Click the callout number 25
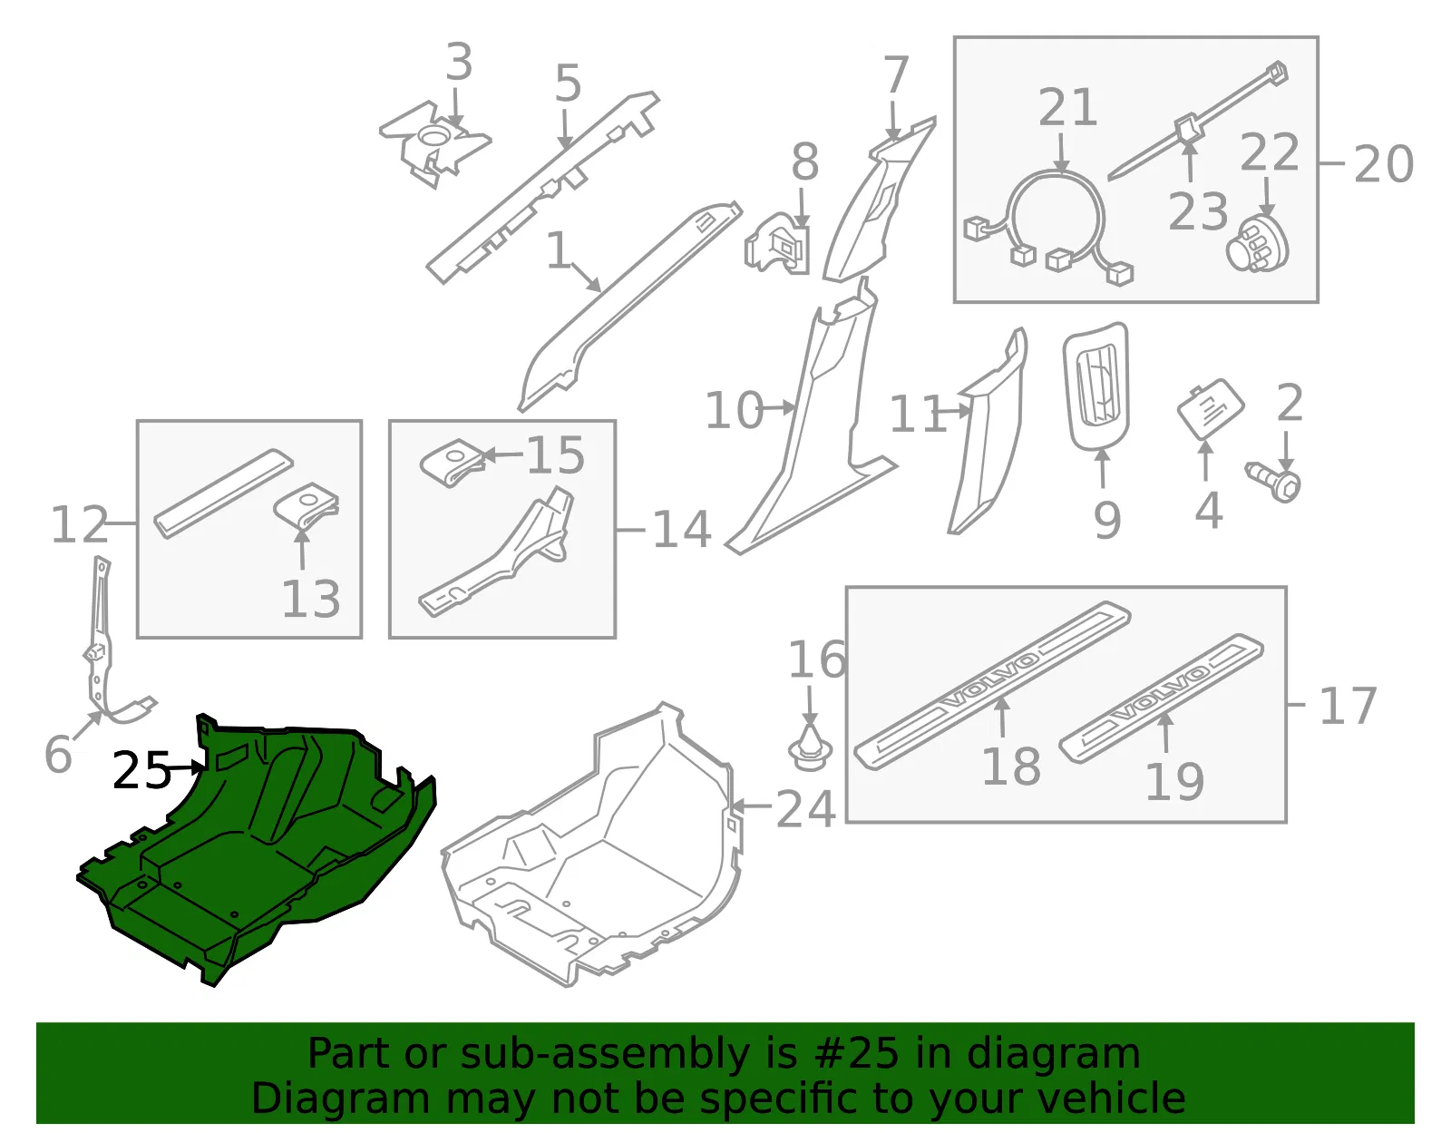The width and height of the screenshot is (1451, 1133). [141, 770]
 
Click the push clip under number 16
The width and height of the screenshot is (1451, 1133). [810, 747]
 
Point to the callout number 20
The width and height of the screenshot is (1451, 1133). [1384, 164]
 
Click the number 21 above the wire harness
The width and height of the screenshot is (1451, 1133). [1067, 107]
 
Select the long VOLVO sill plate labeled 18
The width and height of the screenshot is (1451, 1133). [992, 686]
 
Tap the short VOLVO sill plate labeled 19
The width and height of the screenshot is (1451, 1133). [1161, 698]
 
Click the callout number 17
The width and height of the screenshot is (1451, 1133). [1348, 706]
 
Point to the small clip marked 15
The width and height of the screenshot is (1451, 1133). [452, 462]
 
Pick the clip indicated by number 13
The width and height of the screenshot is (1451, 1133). [307, 507]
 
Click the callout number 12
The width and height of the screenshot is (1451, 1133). [79, 524]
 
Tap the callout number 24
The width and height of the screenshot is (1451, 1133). [805, 809]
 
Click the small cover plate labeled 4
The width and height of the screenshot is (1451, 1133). [1211, 409]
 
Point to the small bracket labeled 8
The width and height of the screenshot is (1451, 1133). [778, 244]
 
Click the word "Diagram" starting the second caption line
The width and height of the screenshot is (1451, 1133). [340, 1098]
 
